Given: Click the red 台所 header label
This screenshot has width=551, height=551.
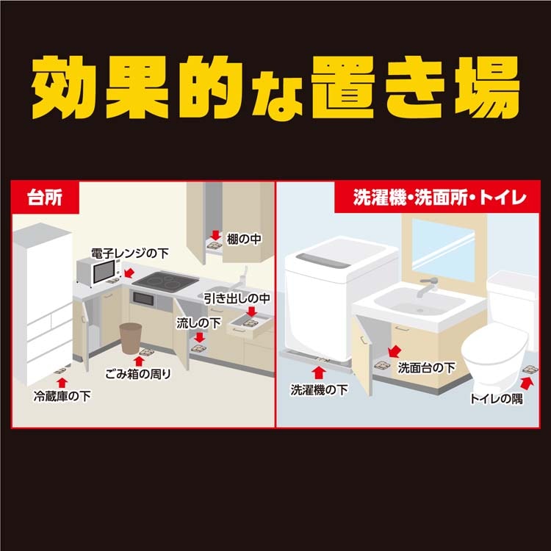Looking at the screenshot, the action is [x=45, y=197].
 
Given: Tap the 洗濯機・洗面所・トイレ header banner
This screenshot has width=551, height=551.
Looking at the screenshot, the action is [x=437, y=197].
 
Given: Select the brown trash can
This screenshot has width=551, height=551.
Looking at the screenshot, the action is [x=131, y=339].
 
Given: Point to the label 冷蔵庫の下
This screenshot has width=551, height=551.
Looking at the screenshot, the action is [x=62, y=397].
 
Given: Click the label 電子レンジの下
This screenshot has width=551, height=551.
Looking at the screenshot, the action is [x=130, y=253].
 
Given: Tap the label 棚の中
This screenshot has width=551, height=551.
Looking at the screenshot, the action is [x=244, y=239].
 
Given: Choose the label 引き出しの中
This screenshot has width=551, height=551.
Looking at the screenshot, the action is [x=237, y=298].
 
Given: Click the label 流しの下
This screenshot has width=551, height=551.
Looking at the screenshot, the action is [x=198, y=323].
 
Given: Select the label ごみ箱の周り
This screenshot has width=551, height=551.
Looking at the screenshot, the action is [x=138, y=374].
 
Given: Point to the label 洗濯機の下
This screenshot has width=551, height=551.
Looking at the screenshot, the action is [x=319, y=389].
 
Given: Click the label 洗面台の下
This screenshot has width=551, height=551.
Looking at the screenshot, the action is [x=426, y=367].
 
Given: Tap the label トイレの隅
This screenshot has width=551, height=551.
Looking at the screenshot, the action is [x=496, y=399].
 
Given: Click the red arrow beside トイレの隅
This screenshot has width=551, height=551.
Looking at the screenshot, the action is [x=527, y=383].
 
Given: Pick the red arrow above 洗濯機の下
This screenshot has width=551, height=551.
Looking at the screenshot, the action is [x=318, y=372].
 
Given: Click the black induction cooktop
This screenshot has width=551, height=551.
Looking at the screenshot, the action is [x=165, y=281].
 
